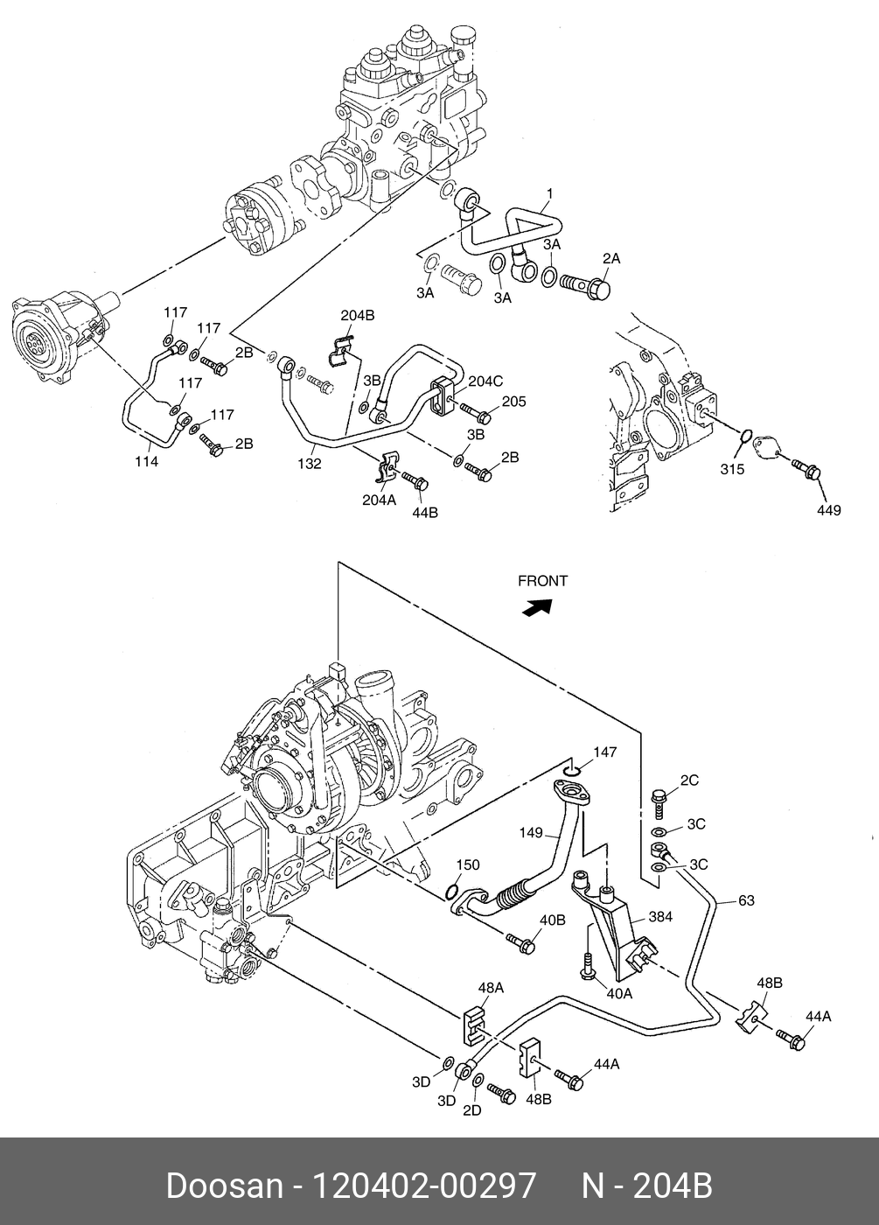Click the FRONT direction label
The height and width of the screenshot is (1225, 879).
(x=542, y=581)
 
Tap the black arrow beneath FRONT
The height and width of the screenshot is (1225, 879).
(x=537, y=607)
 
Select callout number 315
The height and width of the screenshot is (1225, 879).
(x=732, y=469)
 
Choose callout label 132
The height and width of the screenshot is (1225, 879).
(x=310, y=464)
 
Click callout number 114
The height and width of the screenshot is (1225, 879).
(x=147, y=462)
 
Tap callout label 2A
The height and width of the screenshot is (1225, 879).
(x=611, y=258)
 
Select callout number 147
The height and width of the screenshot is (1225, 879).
(x=604, y=752)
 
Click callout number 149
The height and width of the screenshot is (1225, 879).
(x=531, y=833)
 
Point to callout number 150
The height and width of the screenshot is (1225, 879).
(x=467, y=864)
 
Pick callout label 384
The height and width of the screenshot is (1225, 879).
(x=660, y=917)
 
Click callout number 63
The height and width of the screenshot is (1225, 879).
(x=746, y=900)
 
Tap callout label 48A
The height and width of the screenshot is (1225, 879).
(x=491, y=988)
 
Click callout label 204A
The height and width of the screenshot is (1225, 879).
(x=380, y=500)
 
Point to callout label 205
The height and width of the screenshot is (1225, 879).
(x=514, y=402)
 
